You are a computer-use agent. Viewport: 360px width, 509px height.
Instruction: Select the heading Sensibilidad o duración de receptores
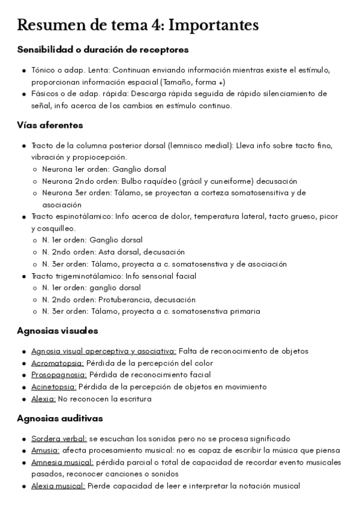point(103,49)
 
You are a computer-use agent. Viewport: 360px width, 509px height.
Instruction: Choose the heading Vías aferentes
point(50,125)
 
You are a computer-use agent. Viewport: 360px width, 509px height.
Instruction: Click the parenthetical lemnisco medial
point(201,146)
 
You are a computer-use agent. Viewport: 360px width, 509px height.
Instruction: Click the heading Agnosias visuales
point(58,331)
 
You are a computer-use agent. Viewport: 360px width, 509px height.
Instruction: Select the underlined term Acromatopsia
point(58,363)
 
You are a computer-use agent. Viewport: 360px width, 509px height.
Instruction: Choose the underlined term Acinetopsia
point(53,387)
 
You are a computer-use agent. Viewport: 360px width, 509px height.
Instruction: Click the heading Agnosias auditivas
point(60,418)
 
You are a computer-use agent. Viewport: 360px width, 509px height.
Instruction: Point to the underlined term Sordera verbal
point(59,439)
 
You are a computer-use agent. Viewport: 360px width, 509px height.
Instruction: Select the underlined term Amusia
point(45,451)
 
